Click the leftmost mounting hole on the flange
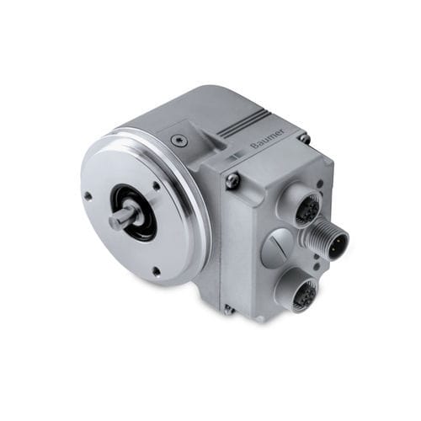click(x=88, y=196)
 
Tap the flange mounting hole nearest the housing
click(x=157, y=185)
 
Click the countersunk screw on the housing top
click(x=177, y=140)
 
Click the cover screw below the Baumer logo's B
click(x=233, y=180)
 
